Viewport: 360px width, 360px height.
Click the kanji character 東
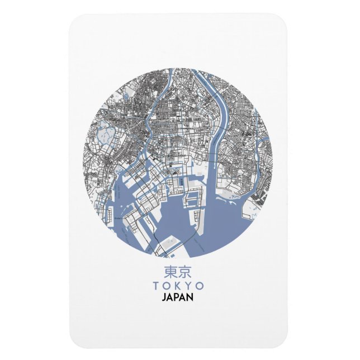click(x=170, y=272)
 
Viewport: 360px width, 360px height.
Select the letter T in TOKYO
click(x=155, y=286)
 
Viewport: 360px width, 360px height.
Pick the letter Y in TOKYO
click(x=190, y=286)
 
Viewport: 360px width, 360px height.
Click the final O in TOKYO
click(x=201, y=286)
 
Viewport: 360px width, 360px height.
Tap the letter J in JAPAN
click(x=164, y=297)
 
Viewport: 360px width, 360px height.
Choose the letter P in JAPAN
click(x=178, y=297)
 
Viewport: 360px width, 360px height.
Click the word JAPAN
click(x=178, y=297)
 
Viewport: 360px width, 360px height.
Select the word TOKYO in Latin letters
click(x=178, y=286)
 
